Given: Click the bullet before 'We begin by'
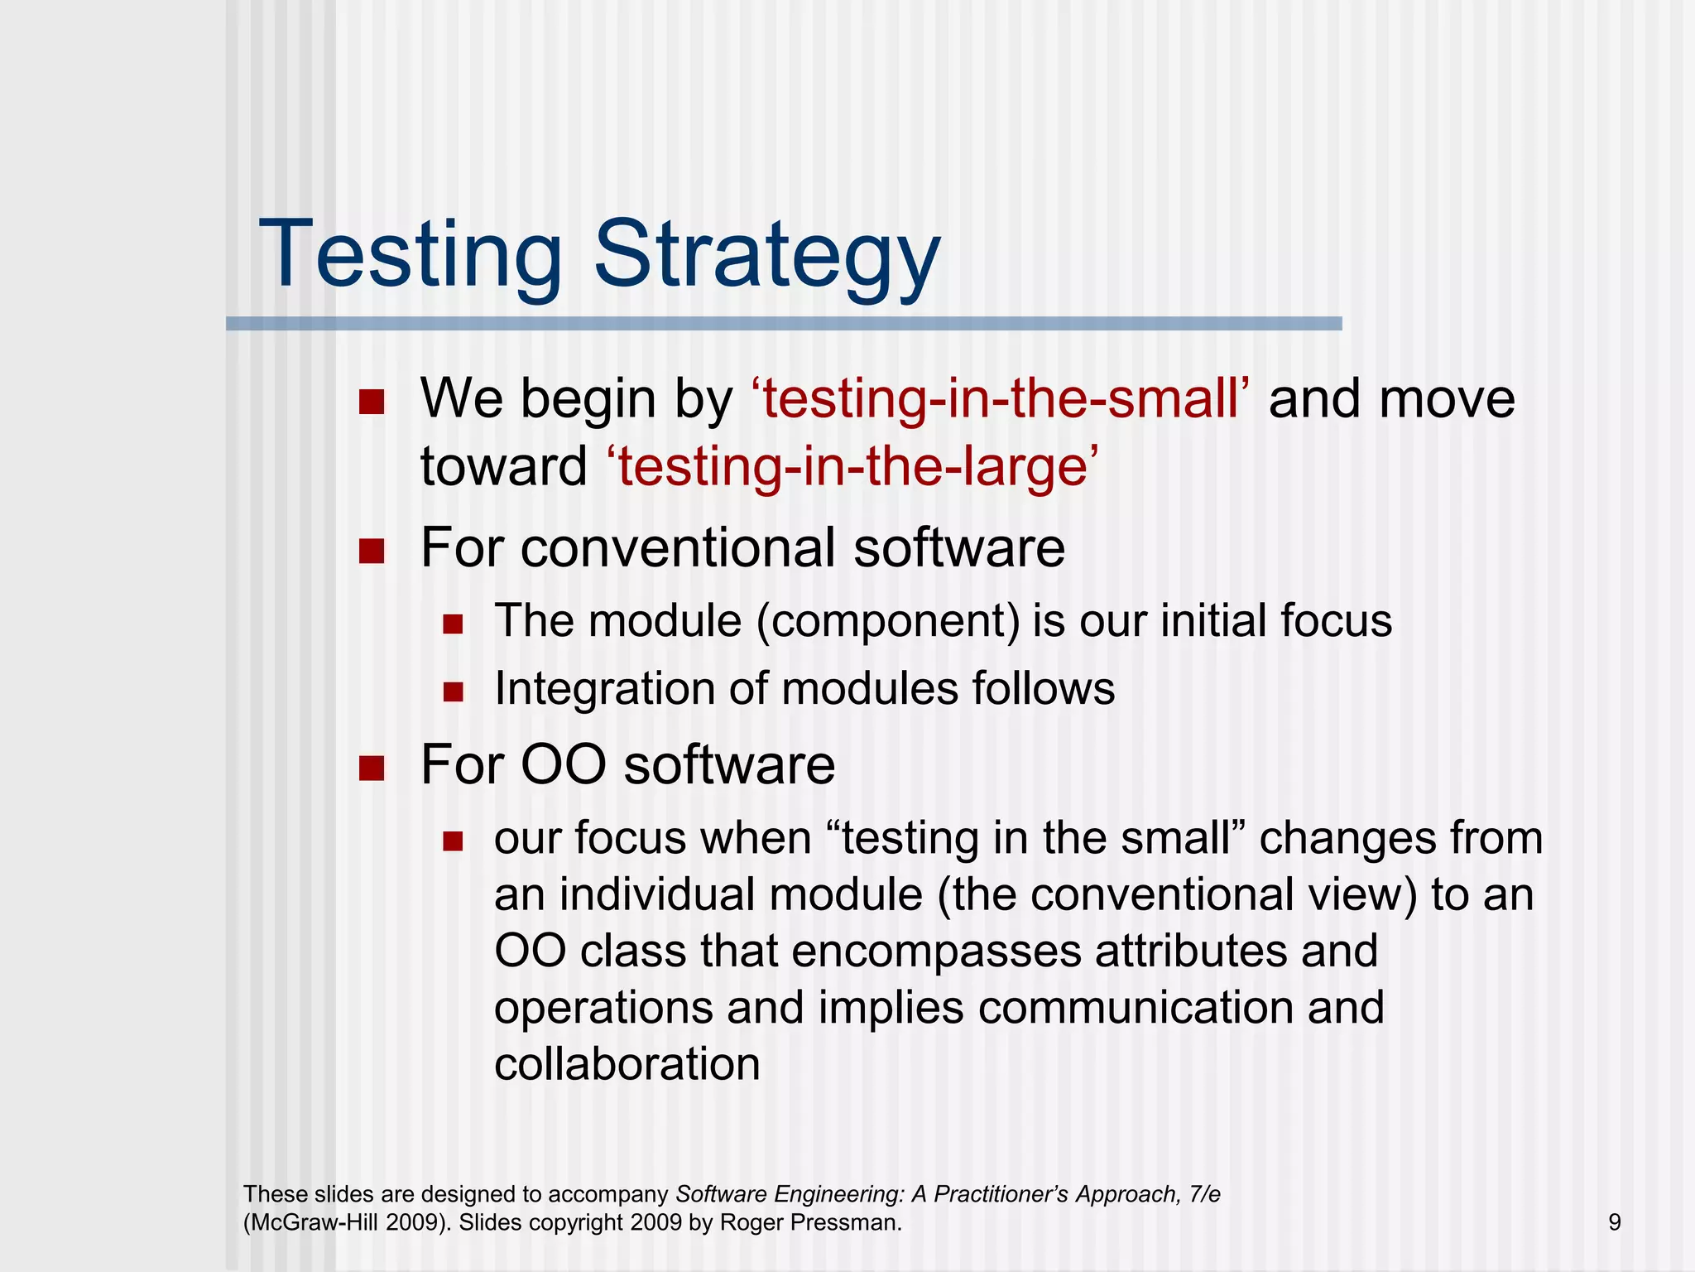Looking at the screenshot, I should [x=372, y=402].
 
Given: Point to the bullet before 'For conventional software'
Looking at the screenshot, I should [x=372, y=552].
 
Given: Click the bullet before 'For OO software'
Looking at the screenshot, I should [x=372, y=768].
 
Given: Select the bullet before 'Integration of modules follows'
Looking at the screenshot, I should [x=453, y=691].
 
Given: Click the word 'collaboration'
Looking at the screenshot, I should [x=627, y=1064].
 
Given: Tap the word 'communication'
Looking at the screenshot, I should [x=1136, y=1008].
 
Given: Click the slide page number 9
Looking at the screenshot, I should [x=1614, y=1222].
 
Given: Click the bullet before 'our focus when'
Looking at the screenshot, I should [x=453, y=842].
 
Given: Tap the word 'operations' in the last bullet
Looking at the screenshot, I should [x=604, y=1008].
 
